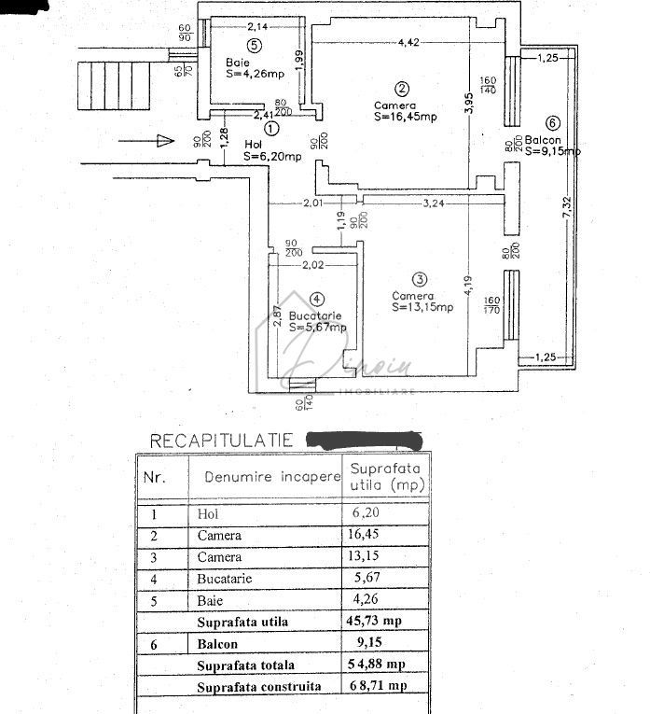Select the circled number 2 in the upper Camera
click(x=402, y=90)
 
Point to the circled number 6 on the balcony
click(x=552, y=122)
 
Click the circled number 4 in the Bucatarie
click(x=317, y=300)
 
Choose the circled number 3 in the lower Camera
click(x=420, y=279)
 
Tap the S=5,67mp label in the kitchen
click(x=317, y=328)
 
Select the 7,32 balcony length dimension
click(x=568, y=223)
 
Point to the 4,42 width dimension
click(x=408, y=42)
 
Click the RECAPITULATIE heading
click(x=222, y=440)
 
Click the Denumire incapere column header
click(x=266, y=476)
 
